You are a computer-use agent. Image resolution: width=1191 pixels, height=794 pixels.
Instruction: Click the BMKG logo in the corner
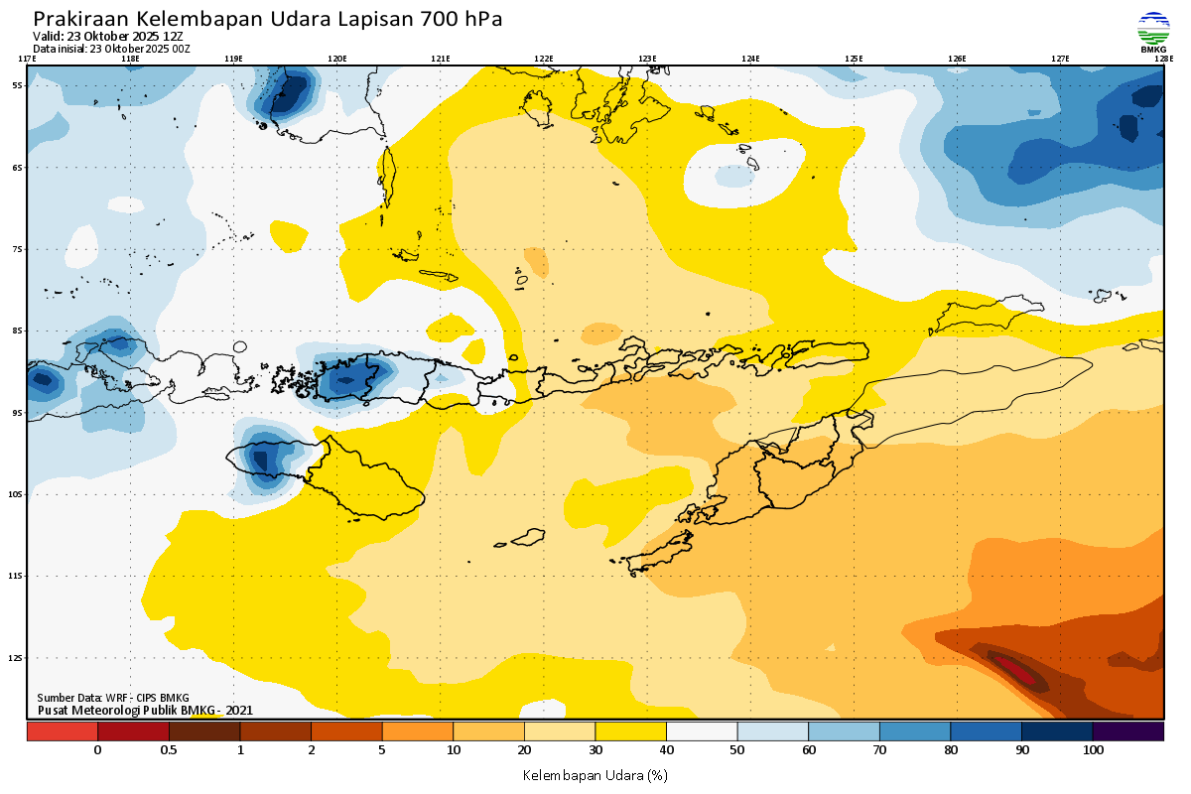coord(1152,32)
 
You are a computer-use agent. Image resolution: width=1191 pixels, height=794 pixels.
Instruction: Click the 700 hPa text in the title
coord(462,19)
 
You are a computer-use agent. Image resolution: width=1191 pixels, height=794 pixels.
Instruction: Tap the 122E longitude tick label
coord(543,59)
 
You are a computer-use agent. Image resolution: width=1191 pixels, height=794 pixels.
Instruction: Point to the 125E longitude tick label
coord(854,59)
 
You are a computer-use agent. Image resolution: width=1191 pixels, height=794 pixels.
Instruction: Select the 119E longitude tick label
coord(233,59)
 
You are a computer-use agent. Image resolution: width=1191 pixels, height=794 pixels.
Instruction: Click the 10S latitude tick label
coord(18,493)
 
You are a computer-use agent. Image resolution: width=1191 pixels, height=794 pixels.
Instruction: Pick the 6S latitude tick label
coord(18,168)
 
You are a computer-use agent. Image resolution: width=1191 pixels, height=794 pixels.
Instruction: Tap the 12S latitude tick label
coord(18,657)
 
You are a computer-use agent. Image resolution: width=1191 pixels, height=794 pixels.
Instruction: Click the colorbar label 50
coord(737,750)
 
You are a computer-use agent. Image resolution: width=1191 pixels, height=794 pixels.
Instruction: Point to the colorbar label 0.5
coord(169,750)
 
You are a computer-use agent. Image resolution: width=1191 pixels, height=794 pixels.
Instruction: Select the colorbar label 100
coord(1093,750)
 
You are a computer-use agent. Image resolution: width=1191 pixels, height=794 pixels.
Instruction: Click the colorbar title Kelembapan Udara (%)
coord(595,773)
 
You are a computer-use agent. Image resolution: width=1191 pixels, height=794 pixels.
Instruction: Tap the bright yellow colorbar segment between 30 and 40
coord(630,730)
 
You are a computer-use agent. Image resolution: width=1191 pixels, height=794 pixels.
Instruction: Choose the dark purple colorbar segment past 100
coord(1128,730)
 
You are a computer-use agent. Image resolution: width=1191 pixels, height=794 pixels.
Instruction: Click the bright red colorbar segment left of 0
coord(62,730)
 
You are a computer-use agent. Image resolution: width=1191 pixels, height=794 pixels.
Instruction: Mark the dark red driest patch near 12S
coord(1017,672)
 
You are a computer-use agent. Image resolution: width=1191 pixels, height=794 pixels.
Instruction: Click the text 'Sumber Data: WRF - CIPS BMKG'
coord(113,698)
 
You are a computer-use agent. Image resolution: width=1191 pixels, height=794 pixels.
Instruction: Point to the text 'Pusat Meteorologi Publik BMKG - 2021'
coord(146,710)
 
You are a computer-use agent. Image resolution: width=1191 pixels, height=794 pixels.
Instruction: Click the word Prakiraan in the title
coord(80,19)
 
